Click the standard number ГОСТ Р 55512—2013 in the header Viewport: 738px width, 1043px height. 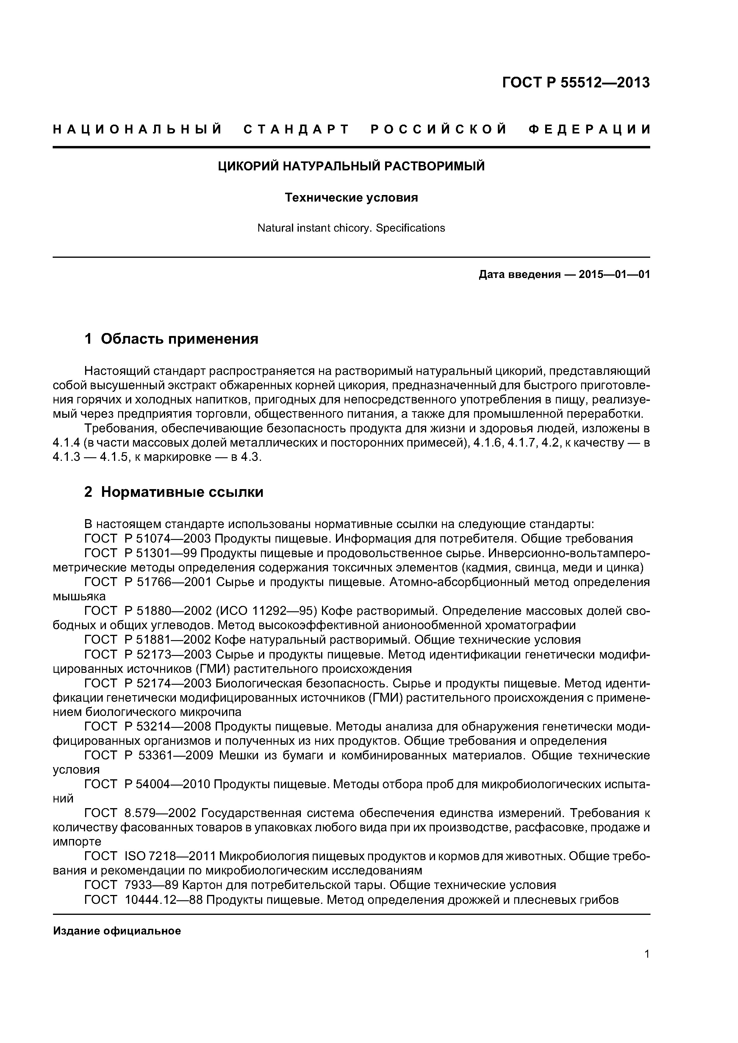[x=576, y=83]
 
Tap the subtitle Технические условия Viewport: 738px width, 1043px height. [x=351, y=198]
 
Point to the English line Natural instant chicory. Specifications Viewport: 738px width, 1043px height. [x=351, y=228]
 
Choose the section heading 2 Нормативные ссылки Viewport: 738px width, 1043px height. [x=174, y=492]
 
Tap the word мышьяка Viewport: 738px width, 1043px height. [x=79, y=596]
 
